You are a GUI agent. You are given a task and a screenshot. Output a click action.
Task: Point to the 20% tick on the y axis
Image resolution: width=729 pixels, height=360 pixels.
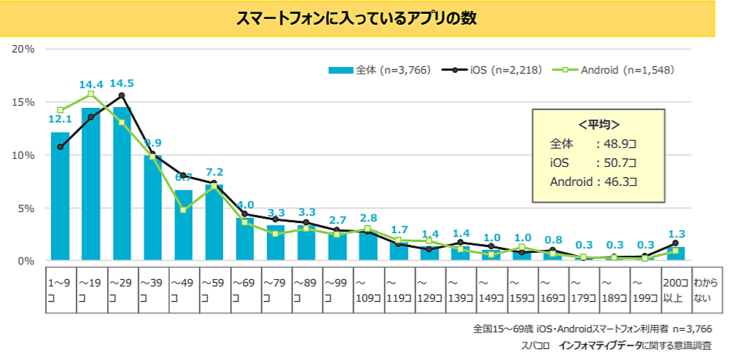click(24, 49)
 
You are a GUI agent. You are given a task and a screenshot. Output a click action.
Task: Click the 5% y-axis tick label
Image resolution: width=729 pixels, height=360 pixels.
click(26, 208)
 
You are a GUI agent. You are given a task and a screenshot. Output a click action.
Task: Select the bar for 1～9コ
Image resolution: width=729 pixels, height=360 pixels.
click(60, 197)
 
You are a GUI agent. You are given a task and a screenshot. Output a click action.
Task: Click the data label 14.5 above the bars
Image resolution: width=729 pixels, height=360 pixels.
click(121, 83)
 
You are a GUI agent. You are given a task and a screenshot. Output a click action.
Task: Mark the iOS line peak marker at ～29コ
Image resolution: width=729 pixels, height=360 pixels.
click(121, 95)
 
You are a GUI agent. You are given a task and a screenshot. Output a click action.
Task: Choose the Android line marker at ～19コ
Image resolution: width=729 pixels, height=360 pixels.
click(90, 94)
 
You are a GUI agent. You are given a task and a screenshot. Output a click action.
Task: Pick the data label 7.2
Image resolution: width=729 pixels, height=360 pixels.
click(214, 172)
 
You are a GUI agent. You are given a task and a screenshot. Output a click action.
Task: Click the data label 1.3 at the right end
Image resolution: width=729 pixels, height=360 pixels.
click(676, 235)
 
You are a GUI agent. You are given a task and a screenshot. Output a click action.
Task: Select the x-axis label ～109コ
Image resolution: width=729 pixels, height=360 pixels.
click(367, 286)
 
